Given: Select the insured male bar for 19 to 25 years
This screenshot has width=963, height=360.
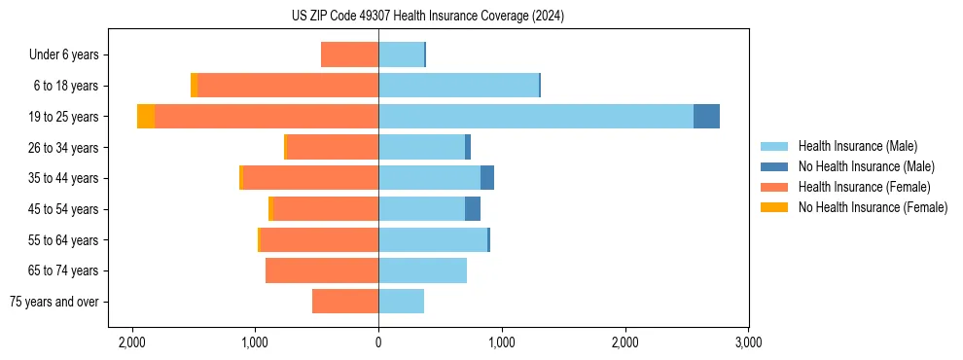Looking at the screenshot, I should click(536, 117).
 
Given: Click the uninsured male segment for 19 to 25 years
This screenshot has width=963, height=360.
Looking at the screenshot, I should click(706, 117).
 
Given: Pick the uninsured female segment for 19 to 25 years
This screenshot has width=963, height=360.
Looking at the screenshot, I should click(146, 117).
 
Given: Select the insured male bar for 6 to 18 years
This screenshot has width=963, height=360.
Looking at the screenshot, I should click(458, 86).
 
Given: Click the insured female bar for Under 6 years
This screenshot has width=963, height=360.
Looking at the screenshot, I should click(349, 54).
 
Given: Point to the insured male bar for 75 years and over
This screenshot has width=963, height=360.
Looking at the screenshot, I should click(401, 302).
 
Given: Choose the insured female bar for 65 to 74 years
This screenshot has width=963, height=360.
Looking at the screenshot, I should click(322, 270).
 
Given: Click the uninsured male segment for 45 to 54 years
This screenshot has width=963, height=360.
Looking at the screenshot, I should click(473, 209).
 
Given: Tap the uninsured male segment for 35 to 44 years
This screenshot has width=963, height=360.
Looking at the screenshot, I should click(487, 178).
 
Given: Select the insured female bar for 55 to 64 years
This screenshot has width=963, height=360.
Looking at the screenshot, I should click(319, 240).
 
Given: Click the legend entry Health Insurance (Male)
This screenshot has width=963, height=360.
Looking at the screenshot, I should click(857, 146).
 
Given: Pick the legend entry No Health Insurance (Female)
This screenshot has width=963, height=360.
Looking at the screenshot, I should click(873, 207).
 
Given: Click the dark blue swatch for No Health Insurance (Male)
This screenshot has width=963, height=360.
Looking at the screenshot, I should click(774, 166).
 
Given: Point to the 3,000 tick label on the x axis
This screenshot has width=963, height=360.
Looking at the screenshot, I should click(748, 342).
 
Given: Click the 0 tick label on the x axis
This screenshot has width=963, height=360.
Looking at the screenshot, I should click(378, 342).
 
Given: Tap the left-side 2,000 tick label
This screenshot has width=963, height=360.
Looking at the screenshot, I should click(131, 342).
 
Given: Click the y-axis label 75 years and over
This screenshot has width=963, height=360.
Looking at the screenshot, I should click(54, 302).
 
